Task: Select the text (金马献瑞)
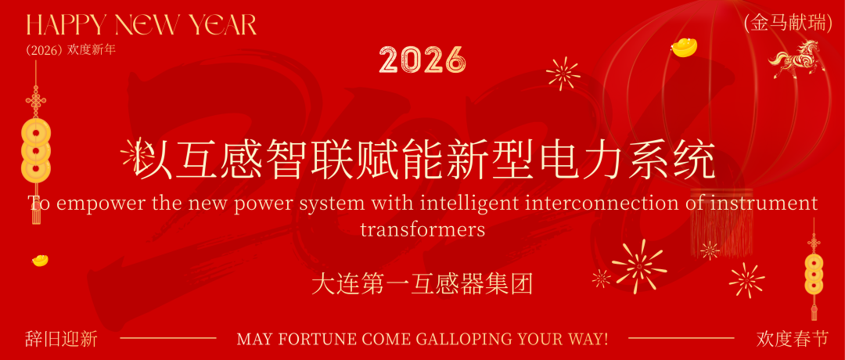tap(789, 24)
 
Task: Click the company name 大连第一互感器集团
tap(422, 283)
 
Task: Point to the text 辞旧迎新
tap(61, 339)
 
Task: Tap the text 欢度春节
tap(792, 339)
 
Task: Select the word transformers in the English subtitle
tap(422, 230)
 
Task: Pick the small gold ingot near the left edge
tap(40, 259)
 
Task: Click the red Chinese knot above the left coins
tap(35, 103)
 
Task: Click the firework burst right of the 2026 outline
tap(563, 74)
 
